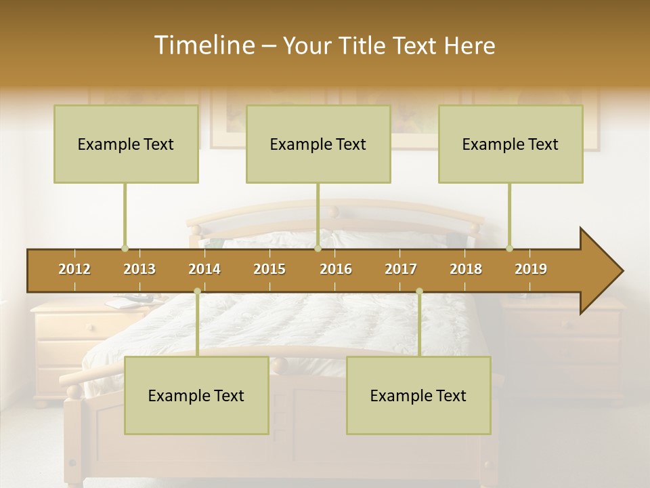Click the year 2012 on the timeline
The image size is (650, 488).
pyautogui.click(x=74, y=269)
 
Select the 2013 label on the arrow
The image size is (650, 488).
pyautogui.click(x=139, y=269)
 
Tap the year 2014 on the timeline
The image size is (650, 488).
pyautogui.click(x=204, y=269)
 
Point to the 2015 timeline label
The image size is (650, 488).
pyautogui.click(x=269, y=269)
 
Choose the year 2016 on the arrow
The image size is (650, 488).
pyautogui.click(x=336, y=269)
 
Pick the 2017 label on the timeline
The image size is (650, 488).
pyautogui.click(x=401, y=269)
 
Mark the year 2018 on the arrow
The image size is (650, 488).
pyautogui.click(x=466, y=269)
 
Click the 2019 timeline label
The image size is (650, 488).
pyautogui.click(x=531, y=269)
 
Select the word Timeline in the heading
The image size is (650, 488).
pyautogui.click(x=203, y=45)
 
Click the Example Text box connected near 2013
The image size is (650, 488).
pyautogui.click(x=126, y=144)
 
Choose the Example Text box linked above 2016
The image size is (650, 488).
pyautogui.click(x=318, y=144)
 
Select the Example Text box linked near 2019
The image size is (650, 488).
pyautogui.click(x=511, y=144)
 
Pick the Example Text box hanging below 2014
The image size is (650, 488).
pyautogui.click(x=196, y=395)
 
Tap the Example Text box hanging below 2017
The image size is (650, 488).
pyautogui.click(x=418, y=395)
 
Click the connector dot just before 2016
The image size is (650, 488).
pyautogui.click(x=318, y=248)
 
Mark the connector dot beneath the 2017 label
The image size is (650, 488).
pyautogui.click(x=419, y=291)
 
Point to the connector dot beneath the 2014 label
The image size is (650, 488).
pyautogui.click(x=197, y=291)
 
